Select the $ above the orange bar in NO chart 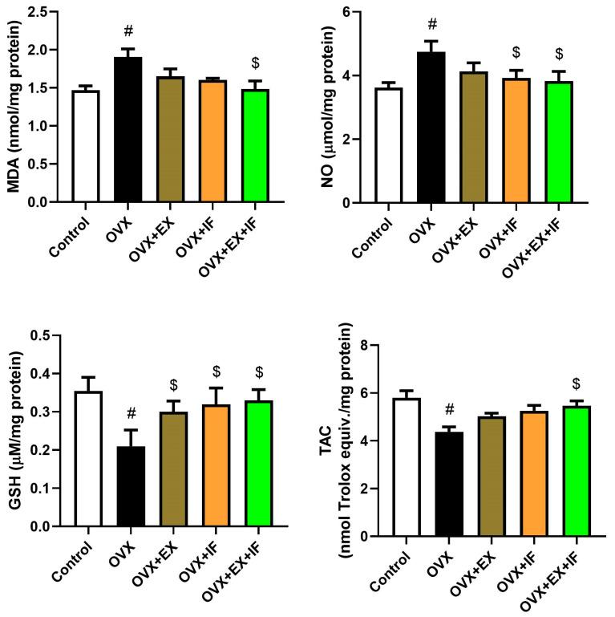516,52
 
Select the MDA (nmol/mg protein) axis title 11,106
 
